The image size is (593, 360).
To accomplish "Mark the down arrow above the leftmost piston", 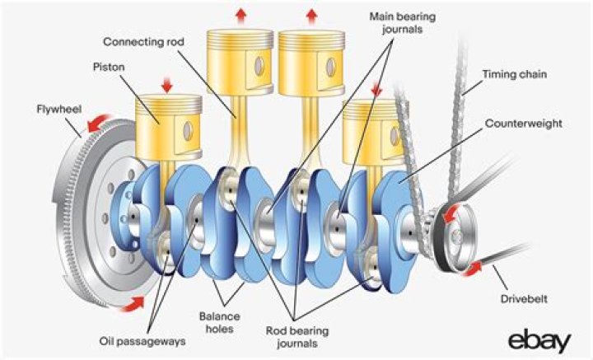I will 168,84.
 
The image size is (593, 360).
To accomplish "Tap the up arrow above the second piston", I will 240,14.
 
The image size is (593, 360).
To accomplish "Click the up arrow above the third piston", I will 311,14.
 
